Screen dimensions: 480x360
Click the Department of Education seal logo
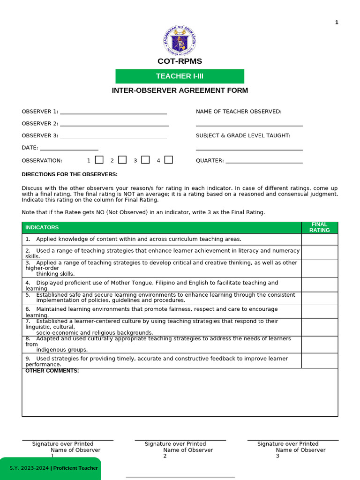click(180, 41)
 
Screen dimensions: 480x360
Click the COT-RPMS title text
click(180, 61)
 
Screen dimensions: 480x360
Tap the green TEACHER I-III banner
click(180, 76)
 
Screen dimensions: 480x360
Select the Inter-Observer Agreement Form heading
click(180, 90)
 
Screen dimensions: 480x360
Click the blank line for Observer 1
click(113, 112)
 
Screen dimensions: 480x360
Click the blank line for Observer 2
click(114, 125)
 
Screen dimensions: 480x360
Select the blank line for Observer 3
click(113, 137)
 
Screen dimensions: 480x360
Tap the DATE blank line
click(69, 149)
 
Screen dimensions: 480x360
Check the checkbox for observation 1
click(99, 160)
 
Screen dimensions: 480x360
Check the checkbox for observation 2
click(122, 160)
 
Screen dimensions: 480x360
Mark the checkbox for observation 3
click(145, 160)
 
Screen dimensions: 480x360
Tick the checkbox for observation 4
click(169, 160)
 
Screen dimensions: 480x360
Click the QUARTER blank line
click(264, 162)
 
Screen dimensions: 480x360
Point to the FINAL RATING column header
click(319, 227)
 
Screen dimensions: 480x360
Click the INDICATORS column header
click(42, 227)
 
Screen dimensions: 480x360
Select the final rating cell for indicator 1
click(319, 239)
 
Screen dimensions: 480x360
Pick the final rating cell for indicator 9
click(319, 360)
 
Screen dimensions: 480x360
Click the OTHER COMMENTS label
click(52, 371)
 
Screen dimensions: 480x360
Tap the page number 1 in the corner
click(337, 22)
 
